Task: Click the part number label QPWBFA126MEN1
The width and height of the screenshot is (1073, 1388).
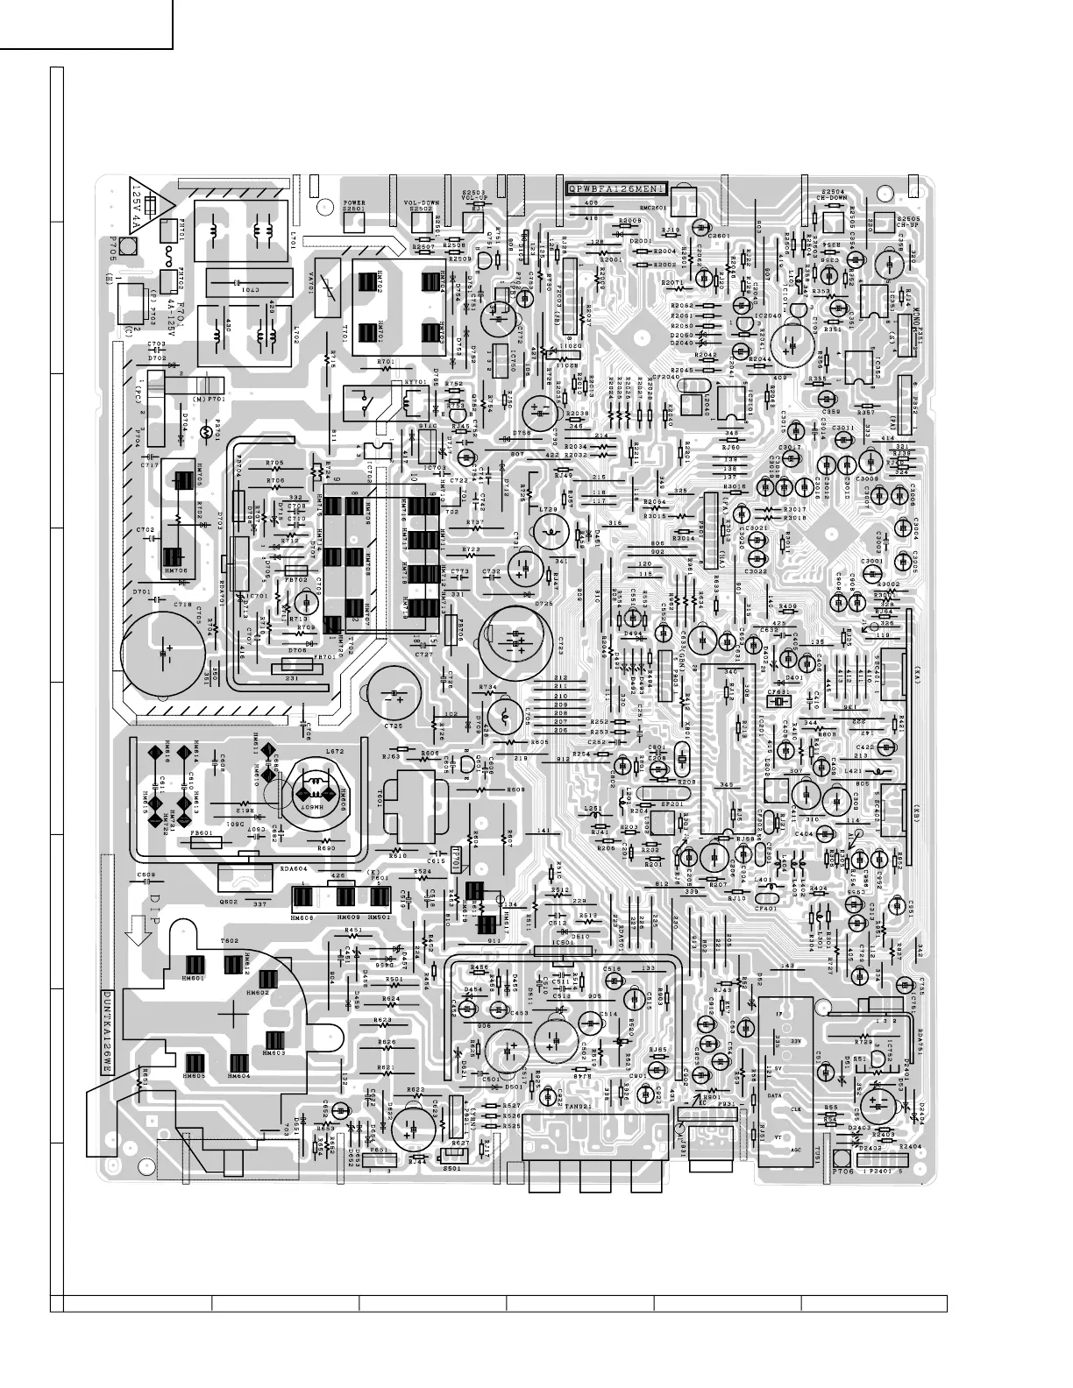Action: click(617, 188)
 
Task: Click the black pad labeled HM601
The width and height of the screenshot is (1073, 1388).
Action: click(194, 964)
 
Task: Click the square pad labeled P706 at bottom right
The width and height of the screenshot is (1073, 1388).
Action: click(842, 1157)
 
